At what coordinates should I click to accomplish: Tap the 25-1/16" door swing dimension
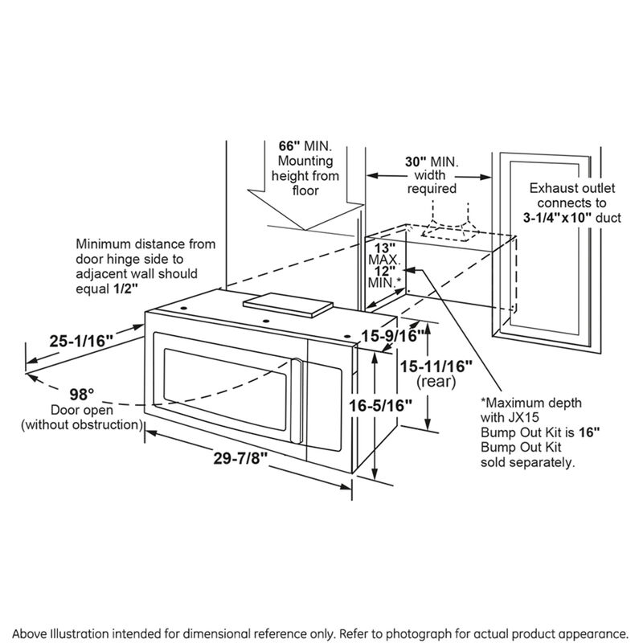(x=79, y=341)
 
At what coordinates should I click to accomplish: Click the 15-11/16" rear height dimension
(x=436, y=367)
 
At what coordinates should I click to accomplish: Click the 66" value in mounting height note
(x=289, y=146)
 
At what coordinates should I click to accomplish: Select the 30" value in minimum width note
(x=415, y=162)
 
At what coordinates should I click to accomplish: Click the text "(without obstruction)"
(x=83, y=424)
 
